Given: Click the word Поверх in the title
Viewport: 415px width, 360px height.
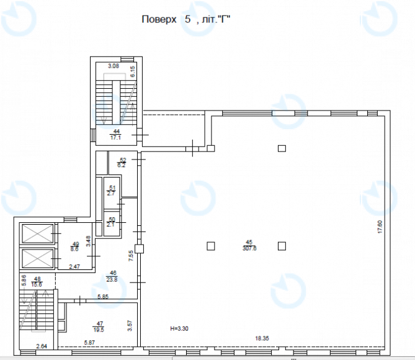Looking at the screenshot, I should tap(158, 20).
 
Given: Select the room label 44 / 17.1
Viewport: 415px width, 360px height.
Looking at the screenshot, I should tap(116, 135).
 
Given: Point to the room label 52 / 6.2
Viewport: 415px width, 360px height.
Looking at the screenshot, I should tap(122, 163).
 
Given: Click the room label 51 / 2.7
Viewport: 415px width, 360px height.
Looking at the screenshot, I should tap(112, 191).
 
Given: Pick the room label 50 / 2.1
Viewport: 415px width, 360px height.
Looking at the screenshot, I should tap(112, 222).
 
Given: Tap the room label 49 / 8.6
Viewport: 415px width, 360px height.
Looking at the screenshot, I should tap(75, 246).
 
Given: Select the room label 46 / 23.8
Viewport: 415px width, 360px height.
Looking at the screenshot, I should tap(113, 276).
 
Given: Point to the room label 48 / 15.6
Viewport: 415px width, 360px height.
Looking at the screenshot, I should tap(37, 282).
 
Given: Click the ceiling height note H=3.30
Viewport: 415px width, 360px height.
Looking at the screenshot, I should tap(179, 328).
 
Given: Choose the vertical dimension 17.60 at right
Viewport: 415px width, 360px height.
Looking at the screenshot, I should tap(380, 227).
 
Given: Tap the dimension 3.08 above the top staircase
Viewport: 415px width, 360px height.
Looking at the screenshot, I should tap(113, 65).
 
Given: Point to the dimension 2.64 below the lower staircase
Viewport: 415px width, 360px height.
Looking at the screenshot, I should tap(42, 346).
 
